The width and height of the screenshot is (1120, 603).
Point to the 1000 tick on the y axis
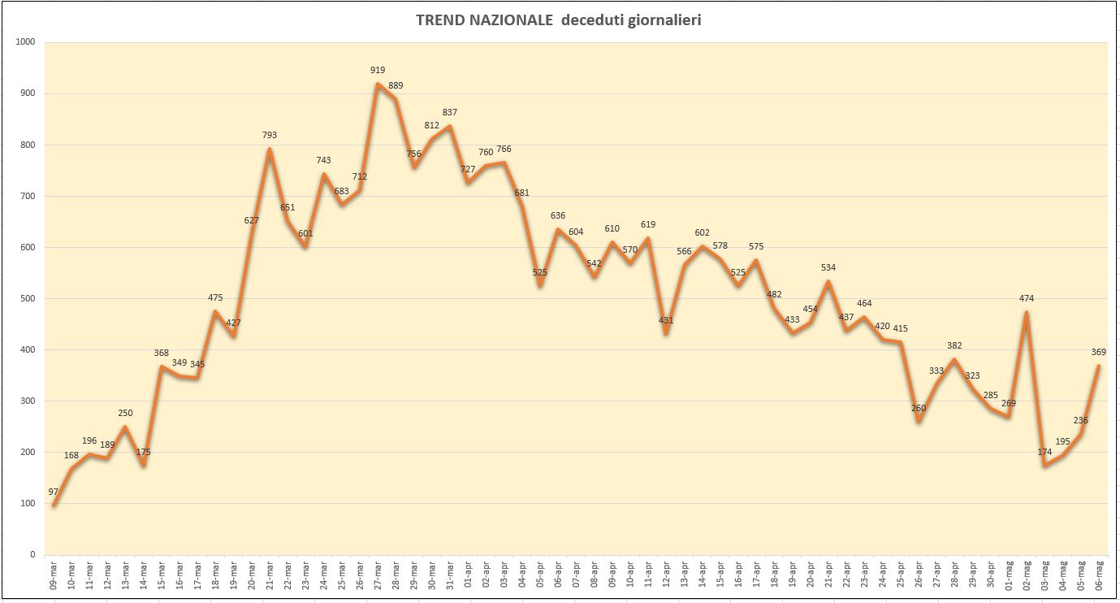[x=25, y=42]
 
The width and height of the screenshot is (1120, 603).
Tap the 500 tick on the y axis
[x=28, y=298]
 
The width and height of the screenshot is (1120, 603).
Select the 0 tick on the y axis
[x=33, y=554]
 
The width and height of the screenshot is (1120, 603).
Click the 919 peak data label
[x=378, y=70]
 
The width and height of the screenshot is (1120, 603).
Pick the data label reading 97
[x=54, y=492]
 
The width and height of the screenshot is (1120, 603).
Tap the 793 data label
[x=270, y=135]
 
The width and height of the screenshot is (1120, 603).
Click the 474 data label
[x=1027, y=298]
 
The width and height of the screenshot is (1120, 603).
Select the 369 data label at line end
[x=1099, y=352]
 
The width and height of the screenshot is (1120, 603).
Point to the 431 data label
[x=666, y=319]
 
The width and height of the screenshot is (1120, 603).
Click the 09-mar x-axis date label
[x=54, y=575]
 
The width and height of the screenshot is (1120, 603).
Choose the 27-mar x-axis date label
[x=378, y=575]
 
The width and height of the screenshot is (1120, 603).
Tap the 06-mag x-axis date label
[x=1099, y=575]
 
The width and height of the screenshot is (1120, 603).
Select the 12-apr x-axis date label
[x=667, y=575]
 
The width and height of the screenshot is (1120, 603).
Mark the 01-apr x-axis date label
[x=468, y=575]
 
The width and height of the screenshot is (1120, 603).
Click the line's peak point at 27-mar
[x=378, y=84]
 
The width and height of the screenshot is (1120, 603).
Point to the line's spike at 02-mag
[x=1027, y=312]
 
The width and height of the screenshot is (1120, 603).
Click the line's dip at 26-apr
[x=919, y=421]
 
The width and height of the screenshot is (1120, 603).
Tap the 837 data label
[x=449, y=112]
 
